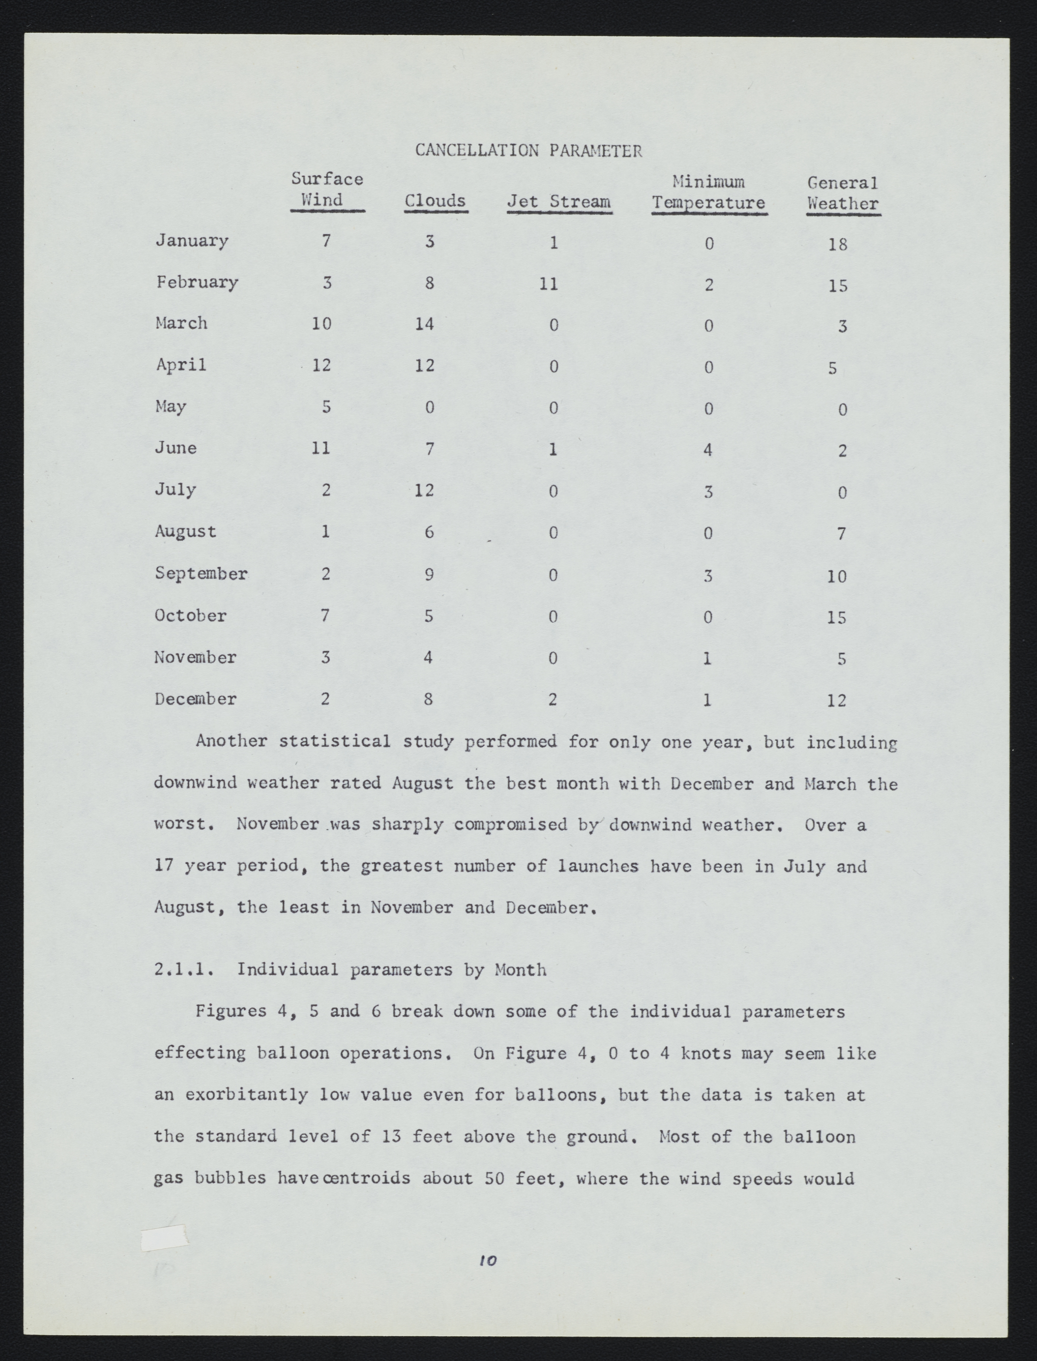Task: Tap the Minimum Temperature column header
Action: [x=709, y=192]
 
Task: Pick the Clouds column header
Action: [x=435, y=201]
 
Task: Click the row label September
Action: [x=201, y=574]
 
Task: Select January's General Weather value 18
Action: [x=838, y=244]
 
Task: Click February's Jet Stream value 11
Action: [x=548, y=284]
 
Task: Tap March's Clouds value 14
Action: [x=424, y=324]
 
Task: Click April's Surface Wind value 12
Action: [x=321, y=365]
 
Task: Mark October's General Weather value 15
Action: [x=837, y=618]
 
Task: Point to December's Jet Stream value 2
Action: [x=553, y=699]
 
